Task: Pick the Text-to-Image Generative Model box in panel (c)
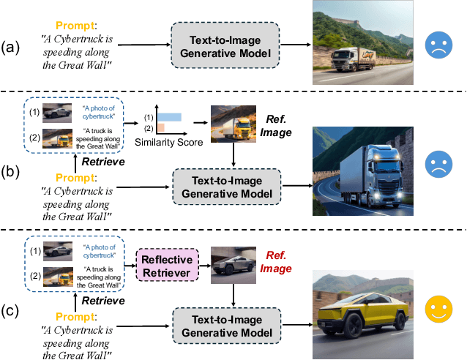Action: pyautogui.click(x=225, y=323)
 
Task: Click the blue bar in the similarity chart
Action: pyautogui.click(x=169, y=117)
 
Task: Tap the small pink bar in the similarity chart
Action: pyautogui.click(x=160, y=128)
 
